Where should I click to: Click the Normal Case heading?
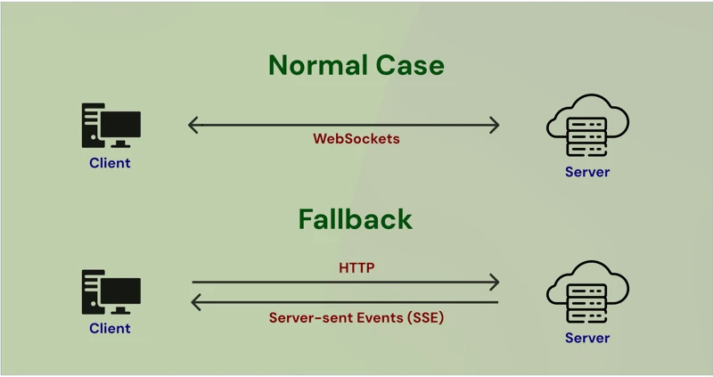[x=356, y=65]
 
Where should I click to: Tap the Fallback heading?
[x=355, y=219]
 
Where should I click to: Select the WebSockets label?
[x=356, y=139]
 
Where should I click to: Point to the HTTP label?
[x=356, y=267]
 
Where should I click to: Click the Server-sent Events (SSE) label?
[x=356, y=317]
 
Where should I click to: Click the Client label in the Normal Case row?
[x=110, y=163]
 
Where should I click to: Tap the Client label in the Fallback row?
[x=110, y=328]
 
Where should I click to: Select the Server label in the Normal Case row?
[x=587, y=172]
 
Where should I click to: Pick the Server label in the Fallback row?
[x=587, y=338]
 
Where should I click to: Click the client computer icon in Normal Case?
[x=111, y=126]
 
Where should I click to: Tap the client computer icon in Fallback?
[x=111, y=292]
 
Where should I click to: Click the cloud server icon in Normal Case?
[x=587, y=125]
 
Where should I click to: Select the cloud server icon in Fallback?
[x=587, y=291]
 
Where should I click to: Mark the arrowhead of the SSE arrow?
[x=194, y=302]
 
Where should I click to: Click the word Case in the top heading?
[x=410, y=65]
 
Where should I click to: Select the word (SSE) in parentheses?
[x=426, y=317]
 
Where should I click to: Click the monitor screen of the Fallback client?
[x=120, y=291]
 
